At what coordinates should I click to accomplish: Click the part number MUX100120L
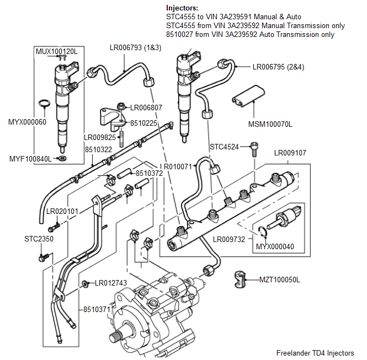click(56, 51)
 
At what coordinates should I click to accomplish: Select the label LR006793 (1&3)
click(135, 48)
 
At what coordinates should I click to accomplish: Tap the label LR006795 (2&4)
click(278, 67)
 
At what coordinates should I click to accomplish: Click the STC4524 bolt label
click(225, 147)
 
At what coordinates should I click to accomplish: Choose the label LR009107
click(290, 153)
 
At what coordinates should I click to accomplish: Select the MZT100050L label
click(280, 280)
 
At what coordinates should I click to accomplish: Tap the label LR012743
click(111, 283)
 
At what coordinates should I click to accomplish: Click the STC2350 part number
click(39, 239)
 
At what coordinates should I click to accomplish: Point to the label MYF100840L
click(30, 159)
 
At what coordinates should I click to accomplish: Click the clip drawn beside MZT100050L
click(241, 279)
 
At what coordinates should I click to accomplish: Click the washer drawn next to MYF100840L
click(63, 159)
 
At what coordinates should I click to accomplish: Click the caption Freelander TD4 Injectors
click(315, 353)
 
